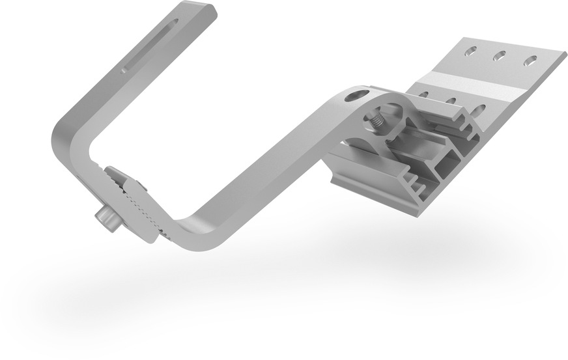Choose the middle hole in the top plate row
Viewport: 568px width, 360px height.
(x=500, y=56)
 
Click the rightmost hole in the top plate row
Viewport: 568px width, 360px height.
(x=532, y=62)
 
